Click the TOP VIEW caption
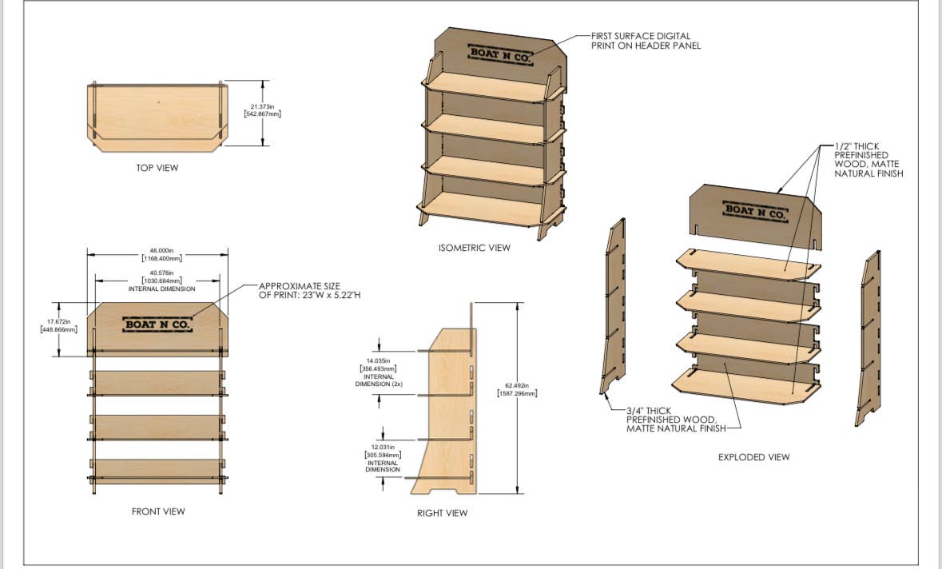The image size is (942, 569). pyautogui.click(x=157, y=168)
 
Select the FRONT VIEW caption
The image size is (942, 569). pyautogui.click(x=158, y=511)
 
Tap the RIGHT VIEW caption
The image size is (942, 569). pyautogui.click(x=442, y=513)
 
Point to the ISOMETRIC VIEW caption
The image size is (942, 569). pyautogui.click(x=474, y=248)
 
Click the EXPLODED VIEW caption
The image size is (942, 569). pyautogui.click(x=754, y=457)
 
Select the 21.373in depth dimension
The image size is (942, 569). pyautogui.click(x=263, y=110)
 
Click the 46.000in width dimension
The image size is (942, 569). pyautogui.click(x=161, y=254)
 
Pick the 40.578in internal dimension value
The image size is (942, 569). pyautogui.click(x=161, y=277)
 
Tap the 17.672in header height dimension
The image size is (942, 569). pyautogui.click(x=58, y=326)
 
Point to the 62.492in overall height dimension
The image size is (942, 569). pyautogui.click(x=517, y=389)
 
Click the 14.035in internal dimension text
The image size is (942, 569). pyautogui.click(x=379, y=372)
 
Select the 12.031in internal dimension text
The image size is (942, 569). pyautogui.click(x=383, y=458)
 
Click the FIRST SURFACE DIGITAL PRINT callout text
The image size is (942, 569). pyautogui.click(x=646, y=41)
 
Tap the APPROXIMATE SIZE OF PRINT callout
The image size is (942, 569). pyautogui.click(x=309, y=290)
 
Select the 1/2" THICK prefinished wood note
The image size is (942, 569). pyautogui.click(x=868, y=160)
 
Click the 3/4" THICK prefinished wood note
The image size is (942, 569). pyautogui.click(x=676, y=420)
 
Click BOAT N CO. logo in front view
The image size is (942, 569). pyautogui.click(x=157, y=324)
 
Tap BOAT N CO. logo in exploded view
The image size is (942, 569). pyautogui.click(x=755, y=212)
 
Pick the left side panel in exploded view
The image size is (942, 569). pyautogui.click(x=613, y=306)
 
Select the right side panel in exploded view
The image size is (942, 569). pyautogui.click(x=868, y=338)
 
